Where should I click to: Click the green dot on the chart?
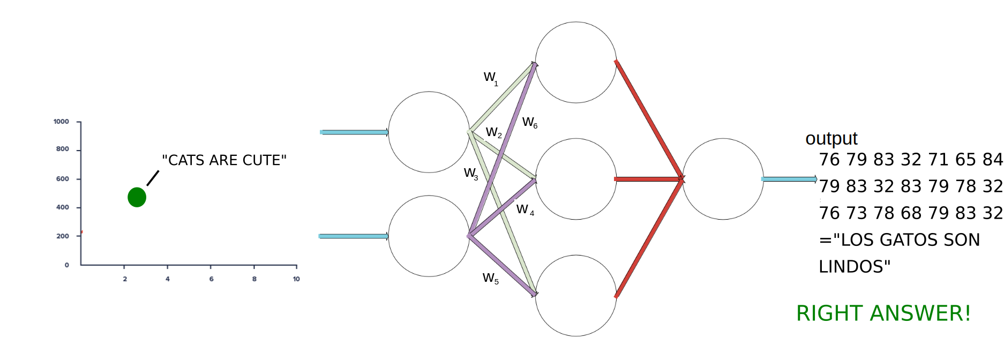[x=137, y=197]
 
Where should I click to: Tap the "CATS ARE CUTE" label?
[x=224, y=160]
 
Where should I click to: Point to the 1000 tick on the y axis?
[x=62, y=122]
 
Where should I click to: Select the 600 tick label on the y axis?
[x=63, y=179]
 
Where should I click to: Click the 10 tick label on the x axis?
[x=296, y=279]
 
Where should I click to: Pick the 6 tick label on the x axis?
[x=211, y=279]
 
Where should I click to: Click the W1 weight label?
[x=491, y=78]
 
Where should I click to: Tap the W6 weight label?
[x=529, y=123]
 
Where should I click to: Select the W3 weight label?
[x=471, y=174]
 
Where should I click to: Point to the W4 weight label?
[x=525, y=209]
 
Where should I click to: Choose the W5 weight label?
[x=490, y=278]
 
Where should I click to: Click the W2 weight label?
[x=493, y=132]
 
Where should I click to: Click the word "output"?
[x=831, y=138]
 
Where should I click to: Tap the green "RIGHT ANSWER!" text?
[x=883, y=313]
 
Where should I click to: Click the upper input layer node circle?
[x=429, y=132]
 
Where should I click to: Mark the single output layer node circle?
[x=723, y=179]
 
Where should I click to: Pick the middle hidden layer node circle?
[x=576, y=179]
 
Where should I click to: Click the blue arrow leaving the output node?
[x=789, y=179]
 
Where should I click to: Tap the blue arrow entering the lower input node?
[x=354, y=236]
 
